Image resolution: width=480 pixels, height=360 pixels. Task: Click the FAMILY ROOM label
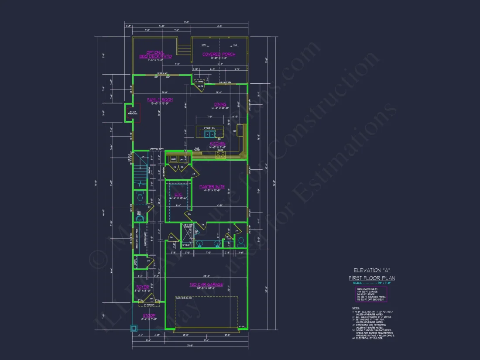click(x=160, y=100)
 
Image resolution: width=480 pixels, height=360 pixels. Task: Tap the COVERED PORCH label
click(x=219, y=54)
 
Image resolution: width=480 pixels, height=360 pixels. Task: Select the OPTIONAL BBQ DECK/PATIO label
click(x=156, y=55)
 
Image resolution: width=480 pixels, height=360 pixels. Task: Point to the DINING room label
click(x=219, y=104)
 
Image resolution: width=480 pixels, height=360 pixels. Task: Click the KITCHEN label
click(x=217, y=143)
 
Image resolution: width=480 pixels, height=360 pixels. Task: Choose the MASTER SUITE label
click(x=212, y=187)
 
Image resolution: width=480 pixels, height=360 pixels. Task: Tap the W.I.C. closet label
click(x=178, y=195)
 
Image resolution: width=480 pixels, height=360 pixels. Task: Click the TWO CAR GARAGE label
click(x=206, y=285)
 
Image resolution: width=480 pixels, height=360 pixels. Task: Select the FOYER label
click(x=143, y=287)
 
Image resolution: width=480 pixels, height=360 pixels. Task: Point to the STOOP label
click(x=149, y=315)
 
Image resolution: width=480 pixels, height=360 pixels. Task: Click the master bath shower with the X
click(x=187, y=236)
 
